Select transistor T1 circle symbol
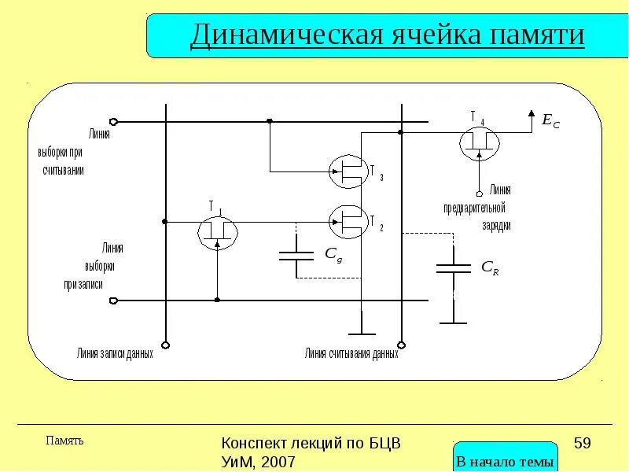(216, 229)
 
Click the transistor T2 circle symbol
(348, 221)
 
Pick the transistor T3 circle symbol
(348, 171)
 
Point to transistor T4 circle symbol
(480, 142)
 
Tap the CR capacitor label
(490, 268)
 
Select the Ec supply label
(550, 120)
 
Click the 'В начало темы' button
(506, 462)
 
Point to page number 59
(582, 443)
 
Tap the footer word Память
(64, 441)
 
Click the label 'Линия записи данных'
(115, 354)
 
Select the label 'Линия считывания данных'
(351, 354)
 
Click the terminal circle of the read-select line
(114, 121)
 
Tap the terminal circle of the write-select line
(114, 300)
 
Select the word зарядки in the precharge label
(496, 225)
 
